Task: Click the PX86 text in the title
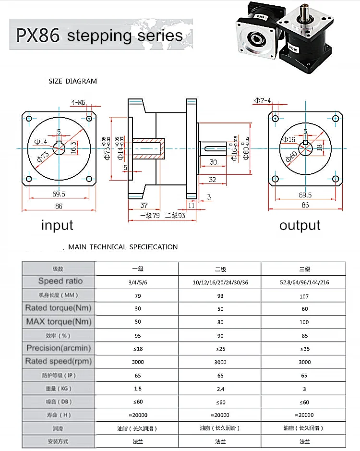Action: pos(38,35)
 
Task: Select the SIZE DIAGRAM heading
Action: pos(72,81)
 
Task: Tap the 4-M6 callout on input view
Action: pos(78,102)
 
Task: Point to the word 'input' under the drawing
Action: pos(57,225)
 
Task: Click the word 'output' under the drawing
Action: pos(300,225)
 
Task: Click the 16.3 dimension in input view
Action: pos(73,146)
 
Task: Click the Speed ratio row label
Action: pos(60,281)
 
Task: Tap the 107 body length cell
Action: pos(304,296)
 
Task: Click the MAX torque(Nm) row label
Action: pos(59,321)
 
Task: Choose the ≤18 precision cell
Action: pos(138,348)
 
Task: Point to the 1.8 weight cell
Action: pos(138,389)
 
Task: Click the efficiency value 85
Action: pos(304,335)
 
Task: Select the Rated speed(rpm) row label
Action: pos(59,361)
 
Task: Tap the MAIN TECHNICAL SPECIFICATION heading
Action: pos(123,247)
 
